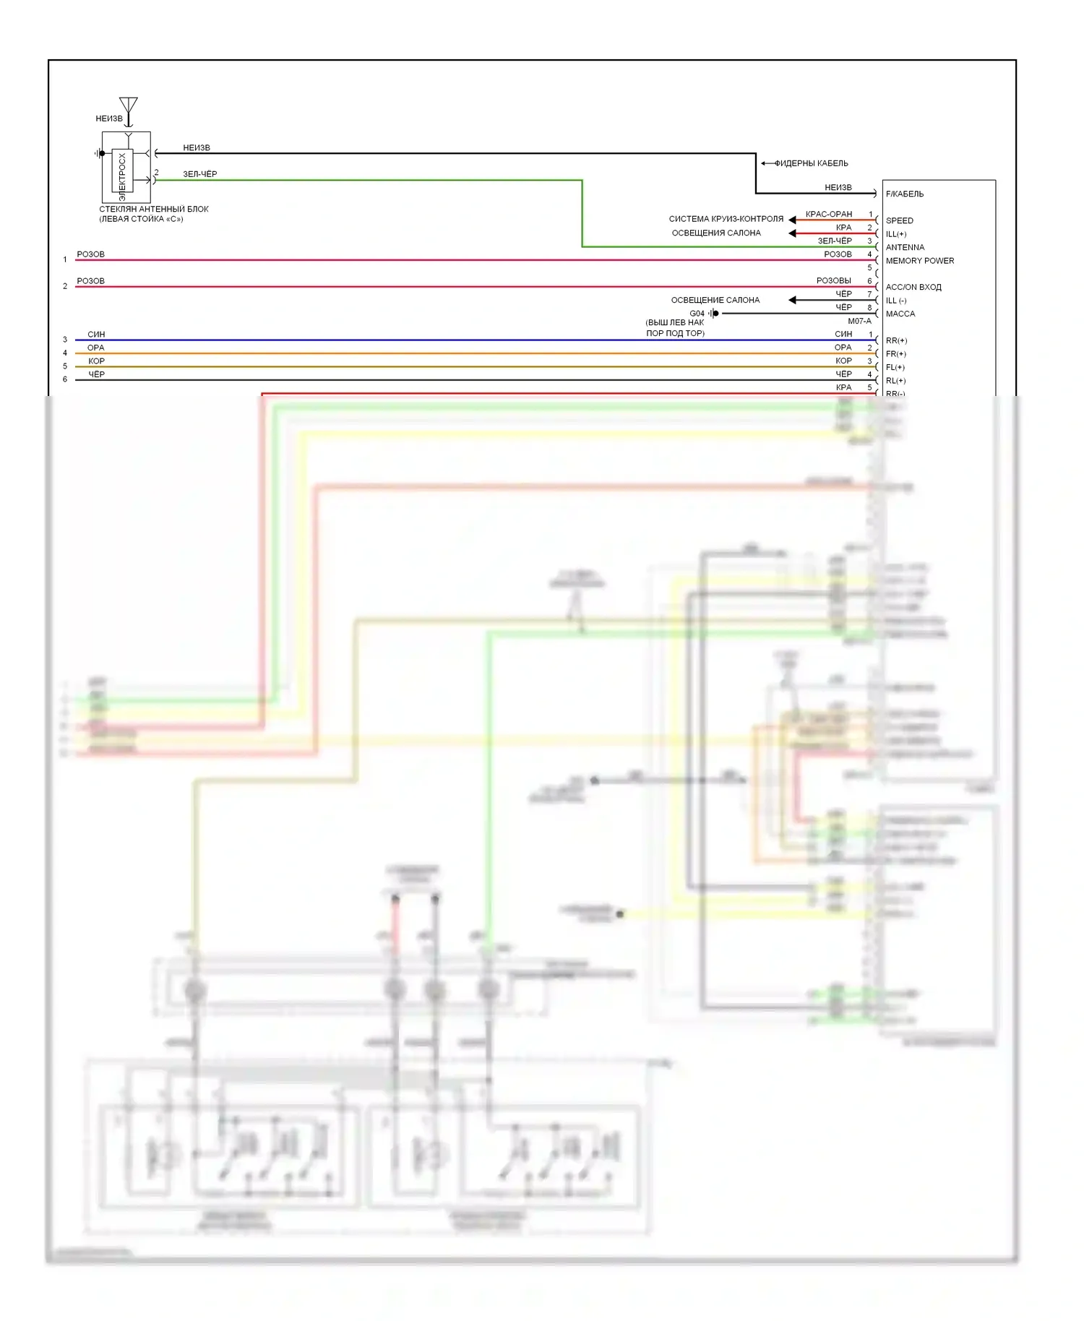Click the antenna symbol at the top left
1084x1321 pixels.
pyautogui.click(x=129, y=107)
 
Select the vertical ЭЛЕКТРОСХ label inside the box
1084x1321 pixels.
pyautogui.click(x=122, y=176)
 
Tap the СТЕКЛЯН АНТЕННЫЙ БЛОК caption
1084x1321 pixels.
pyautogui.click(x=153, y=210)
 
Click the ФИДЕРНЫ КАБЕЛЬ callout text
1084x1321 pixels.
pyautogui.click(x=811, y=163)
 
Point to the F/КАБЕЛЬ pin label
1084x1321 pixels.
pyautogui.click(x=904, y=194)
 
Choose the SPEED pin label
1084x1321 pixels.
pyautogui.click(x=899, y=220)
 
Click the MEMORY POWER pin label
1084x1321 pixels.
pyautogui.click(x=919, y=261)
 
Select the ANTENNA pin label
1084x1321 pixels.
pyautogui.click(x=905, y=247)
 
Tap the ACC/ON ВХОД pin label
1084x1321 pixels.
pyautogui.click(x=913, y=287)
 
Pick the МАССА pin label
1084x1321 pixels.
pyautogui.click(x=900, y=314)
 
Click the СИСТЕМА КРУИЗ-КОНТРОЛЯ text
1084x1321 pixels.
pyautogui.click(x=726, y=219)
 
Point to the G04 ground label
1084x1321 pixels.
pyautogui.click(x=697, y=314)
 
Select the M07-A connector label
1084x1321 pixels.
pyautogui.click(x=859, y=322)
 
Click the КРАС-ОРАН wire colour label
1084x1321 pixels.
pyautogui.click(x=828, y=214)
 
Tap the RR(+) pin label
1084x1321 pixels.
pyautogui.click(x=895, y=340)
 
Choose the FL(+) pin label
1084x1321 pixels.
pyautogui.click(x=895, y=367)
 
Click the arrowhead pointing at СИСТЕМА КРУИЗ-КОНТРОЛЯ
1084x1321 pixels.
pyautogui.click(x=792, y=220)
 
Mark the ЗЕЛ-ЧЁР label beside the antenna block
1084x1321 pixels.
pyautogui.click(x=199, y=174)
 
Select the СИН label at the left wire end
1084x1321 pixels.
pyautogui.click(x=96, y=335)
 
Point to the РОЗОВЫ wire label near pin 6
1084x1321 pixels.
pyautogui.click(x=833, y=280)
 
